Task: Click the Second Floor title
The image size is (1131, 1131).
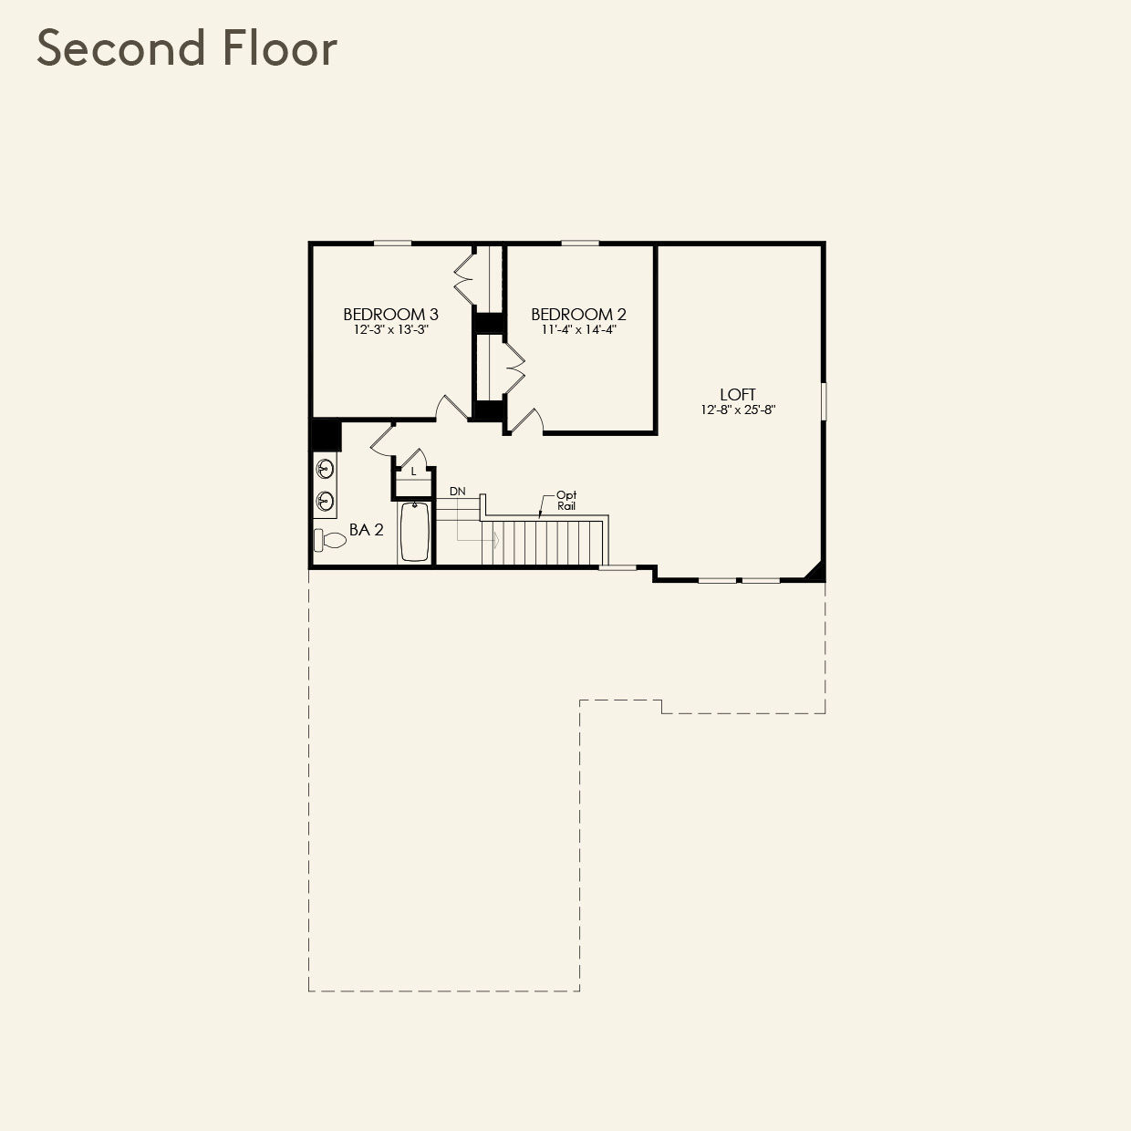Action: [187, 47]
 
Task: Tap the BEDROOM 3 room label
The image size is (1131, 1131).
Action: [391, 315]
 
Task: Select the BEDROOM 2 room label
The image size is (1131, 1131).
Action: [578, 315]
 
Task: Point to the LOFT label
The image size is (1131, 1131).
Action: [738, 394]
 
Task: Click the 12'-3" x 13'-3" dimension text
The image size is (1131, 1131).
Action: [391, 330]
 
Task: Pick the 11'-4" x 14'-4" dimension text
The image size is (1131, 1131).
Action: [578, 330]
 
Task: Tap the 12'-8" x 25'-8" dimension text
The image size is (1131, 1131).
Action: [739, 410]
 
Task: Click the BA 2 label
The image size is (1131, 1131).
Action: [367, 530]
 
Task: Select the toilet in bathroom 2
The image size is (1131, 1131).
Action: [330, 540]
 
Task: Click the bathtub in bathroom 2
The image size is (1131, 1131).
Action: [414, 532]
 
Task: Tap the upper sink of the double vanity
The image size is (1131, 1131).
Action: [325, 469]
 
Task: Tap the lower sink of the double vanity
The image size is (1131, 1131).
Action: [325, 502]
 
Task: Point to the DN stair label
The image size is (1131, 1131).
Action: [458, 492]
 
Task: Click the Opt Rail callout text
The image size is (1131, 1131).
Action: [566, 501]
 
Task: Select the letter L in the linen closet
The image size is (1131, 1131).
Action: [414, 472]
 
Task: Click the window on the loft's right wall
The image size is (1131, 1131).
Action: [824, 401]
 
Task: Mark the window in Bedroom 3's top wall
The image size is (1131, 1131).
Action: [392, 243]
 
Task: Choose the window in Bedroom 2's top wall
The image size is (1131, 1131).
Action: [580, 243]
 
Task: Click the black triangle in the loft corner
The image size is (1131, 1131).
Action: [815, 572]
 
